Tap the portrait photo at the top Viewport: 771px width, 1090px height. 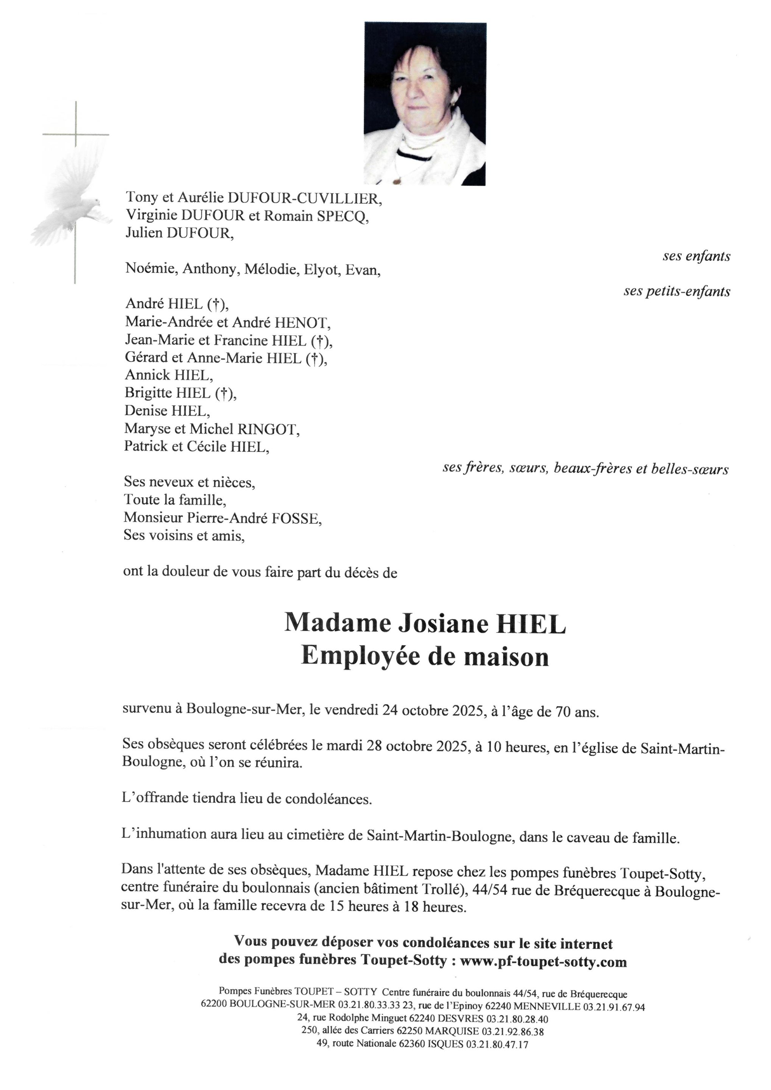coord(425,103)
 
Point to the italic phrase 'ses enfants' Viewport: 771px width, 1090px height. coord(696,256)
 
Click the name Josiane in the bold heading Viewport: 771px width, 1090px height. coord(442,623)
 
